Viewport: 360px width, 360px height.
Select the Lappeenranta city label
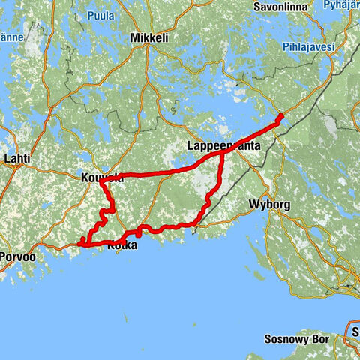tap(223, 148)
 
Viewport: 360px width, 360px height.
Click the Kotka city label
tap(122, 245)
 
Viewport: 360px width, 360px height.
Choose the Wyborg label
tap(268, 204)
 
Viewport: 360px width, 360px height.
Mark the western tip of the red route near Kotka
tap(80, 241)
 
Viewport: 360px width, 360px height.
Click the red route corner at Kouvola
tap(100, 180)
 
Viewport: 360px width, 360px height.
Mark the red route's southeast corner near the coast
tap(197, 223)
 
